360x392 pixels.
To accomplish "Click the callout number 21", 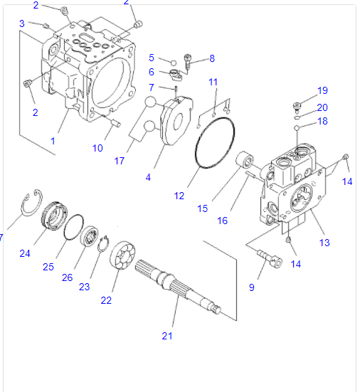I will click(167, 336).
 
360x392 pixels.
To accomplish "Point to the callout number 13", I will click(324, 243).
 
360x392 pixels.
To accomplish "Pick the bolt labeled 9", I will click(266, 258).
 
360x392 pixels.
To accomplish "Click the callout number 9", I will click(251, 287).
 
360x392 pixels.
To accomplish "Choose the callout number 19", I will click(322, 90).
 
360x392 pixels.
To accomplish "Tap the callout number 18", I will click(322, 122).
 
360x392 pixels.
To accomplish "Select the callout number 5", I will click(152, 57).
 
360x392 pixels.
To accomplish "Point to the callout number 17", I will click(120, 161).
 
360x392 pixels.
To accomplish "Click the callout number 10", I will click(97, 148).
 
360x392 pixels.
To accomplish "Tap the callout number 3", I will click(22, 23).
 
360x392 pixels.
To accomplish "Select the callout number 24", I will click(25, 253).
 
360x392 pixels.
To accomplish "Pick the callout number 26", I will click(67, 277).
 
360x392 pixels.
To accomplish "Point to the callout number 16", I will click(223, 221).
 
